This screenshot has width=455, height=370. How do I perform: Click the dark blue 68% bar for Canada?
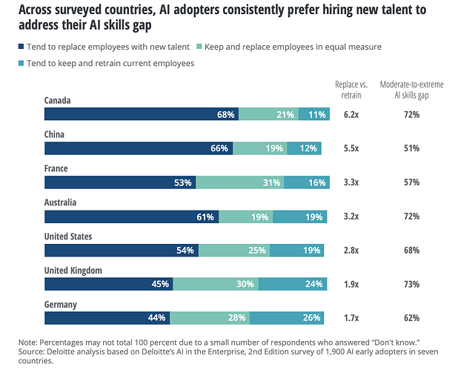(141, 114)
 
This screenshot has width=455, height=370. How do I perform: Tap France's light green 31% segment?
(240, 182)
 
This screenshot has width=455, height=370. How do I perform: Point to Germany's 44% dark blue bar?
(107, 318)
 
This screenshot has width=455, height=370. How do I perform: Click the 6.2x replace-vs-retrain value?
(351, 115)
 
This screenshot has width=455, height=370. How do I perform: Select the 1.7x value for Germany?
(351, 318)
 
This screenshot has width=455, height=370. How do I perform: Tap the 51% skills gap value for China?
(412, 148)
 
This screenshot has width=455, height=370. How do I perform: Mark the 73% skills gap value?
(412, 284)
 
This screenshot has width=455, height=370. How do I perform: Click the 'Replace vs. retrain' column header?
(351, 89)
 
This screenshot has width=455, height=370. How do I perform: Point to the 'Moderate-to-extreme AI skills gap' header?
(412, 89)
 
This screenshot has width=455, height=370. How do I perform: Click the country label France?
(56, 168)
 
